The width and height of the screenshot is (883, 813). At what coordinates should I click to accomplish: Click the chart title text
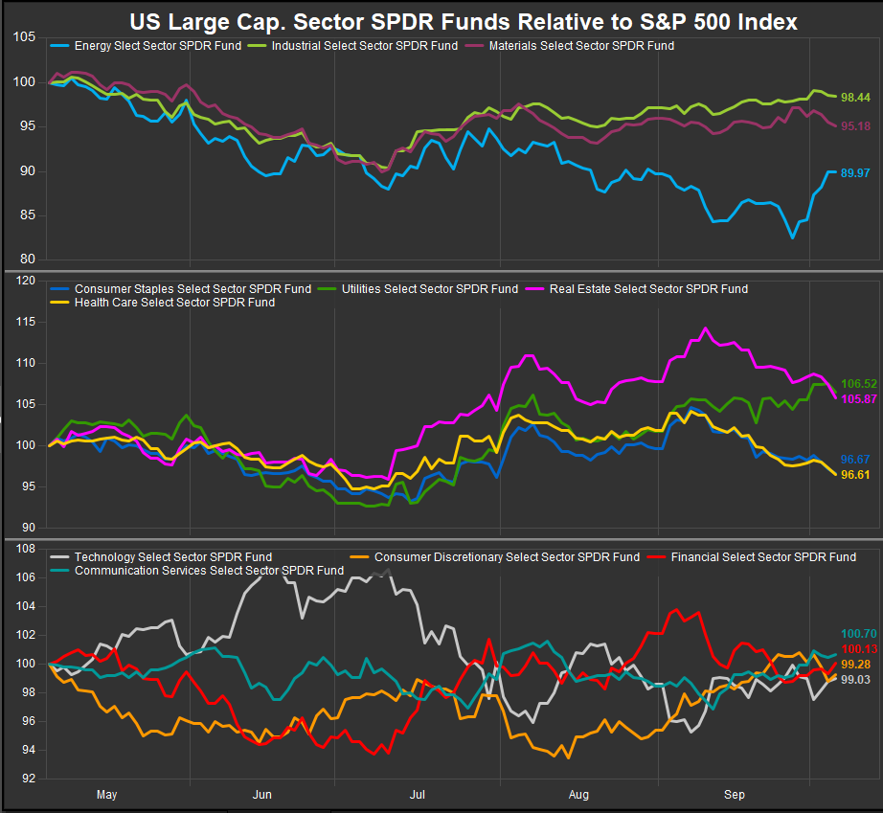(x=464, y=20)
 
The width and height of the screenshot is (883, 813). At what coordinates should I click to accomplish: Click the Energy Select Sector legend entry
(x=153, y=45)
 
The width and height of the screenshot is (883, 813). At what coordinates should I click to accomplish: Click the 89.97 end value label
(x=855, y=172)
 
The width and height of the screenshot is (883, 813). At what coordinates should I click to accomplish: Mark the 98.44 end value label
(x=855, y=98)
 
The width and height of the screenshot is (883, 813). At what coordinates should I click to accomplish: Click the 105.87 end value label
(x=858, y=397)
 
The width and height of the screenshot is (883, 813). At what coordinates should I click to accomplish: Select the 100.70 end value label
(x=858, y=633)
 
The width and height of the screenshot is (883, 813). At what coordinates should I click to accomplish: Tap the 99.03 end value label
(x=855, y=678)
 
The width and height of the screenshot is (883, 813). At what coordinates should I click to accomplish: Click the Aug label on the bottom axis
(x=577, y=794)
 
